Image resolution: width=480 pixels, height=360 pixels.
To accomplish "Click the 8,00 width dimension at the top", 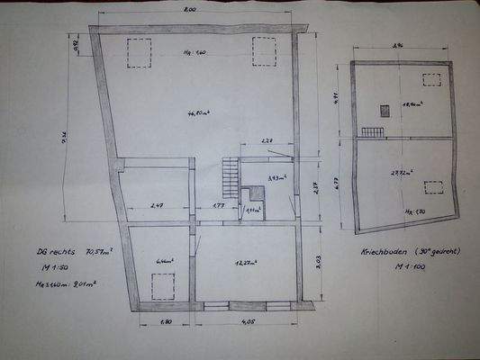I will (x=190, y=10).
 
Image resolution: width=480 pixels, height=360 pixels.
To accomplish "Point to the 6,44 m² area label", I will (x=164, y=261).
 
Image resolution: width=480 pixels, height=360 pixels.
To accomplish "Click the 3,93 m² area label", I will (x=276, y=178).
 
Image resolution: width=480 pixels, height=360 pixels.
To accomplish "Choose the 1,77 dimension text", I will (x=218, y=207).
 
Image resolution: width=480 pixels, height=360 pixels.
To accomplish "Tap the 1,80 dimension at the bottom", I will (x=166, y=320).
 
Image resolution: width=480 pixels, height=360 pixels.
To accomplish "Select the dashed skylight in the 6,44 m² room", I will (x=162, y=286).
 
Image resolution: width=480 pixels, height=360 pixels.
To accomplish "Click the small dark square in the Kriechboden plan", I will (x=385, y=111).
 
